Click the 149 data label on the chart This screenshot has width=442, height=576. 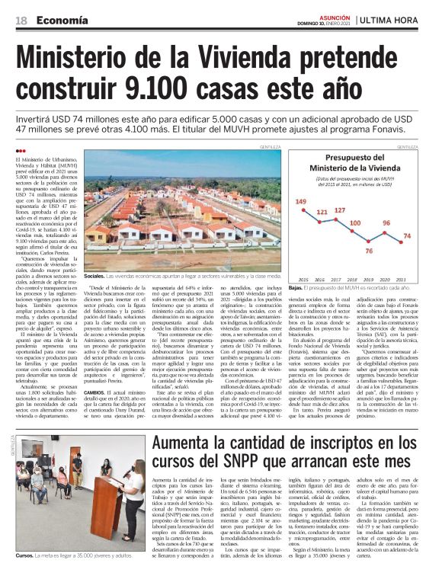coord(301,202)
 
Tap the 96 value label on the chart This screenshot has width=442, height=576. coord(386,223)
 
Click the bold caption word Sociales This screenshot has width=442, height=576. coord(94,274)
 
